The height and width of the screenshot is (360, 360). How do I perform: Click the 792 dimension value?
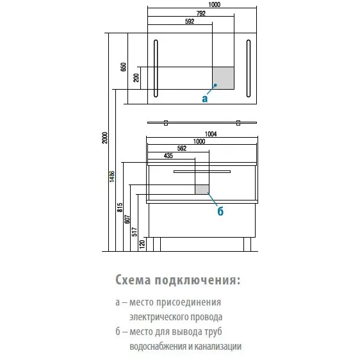coord(201,13)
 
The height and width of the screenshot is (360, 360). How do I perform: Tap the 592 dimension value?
coord(190,21)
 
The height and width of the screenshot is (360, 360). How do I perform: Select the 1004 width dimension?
coord(211,134)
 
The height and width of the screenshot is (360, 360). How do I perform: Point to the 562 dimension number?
coord(182,149)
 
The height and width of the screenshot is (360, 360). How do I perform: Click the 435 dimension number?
coord(168,156)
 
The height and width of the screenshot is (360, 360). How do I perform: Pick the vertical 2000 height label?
coord(104,138)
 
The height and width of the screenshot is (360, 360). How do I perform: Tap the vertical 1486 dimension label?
coord(112,177)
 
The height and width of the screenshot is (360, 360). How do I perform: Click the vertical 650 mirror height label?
coord(123,67)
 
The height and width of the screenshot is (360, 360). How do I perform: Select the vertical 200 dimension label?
coord(136,78)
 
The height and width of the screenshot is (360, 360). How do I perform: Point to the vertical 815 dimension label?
coord(120,208)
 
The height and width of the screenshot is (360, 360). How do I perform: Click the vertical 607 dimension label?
coord(127,219)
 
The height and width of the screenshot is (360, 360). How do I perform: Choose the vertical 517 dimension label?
coord(135,232)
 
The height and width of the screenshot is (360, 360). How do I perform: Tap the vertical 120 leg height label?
coord(142,244)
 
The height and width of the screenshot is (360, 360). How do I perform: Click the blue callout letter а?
coord(204,99)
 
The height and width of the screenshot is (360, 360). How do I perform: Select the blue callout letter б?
coord(220,211)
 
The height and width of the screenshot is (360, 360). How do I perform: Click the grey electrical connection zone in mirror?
coord(223,78)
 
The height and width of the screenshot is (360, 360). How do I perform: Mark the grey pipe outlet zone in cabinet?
coord(202,190)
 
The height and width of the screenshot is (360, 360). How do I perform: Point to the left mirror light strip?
coord(156,69)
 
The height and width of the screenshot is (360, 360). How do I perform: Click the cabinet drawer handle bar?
coord(202,172)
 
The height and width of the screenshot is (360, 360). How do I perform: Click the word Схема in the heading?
coord(133,280)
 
